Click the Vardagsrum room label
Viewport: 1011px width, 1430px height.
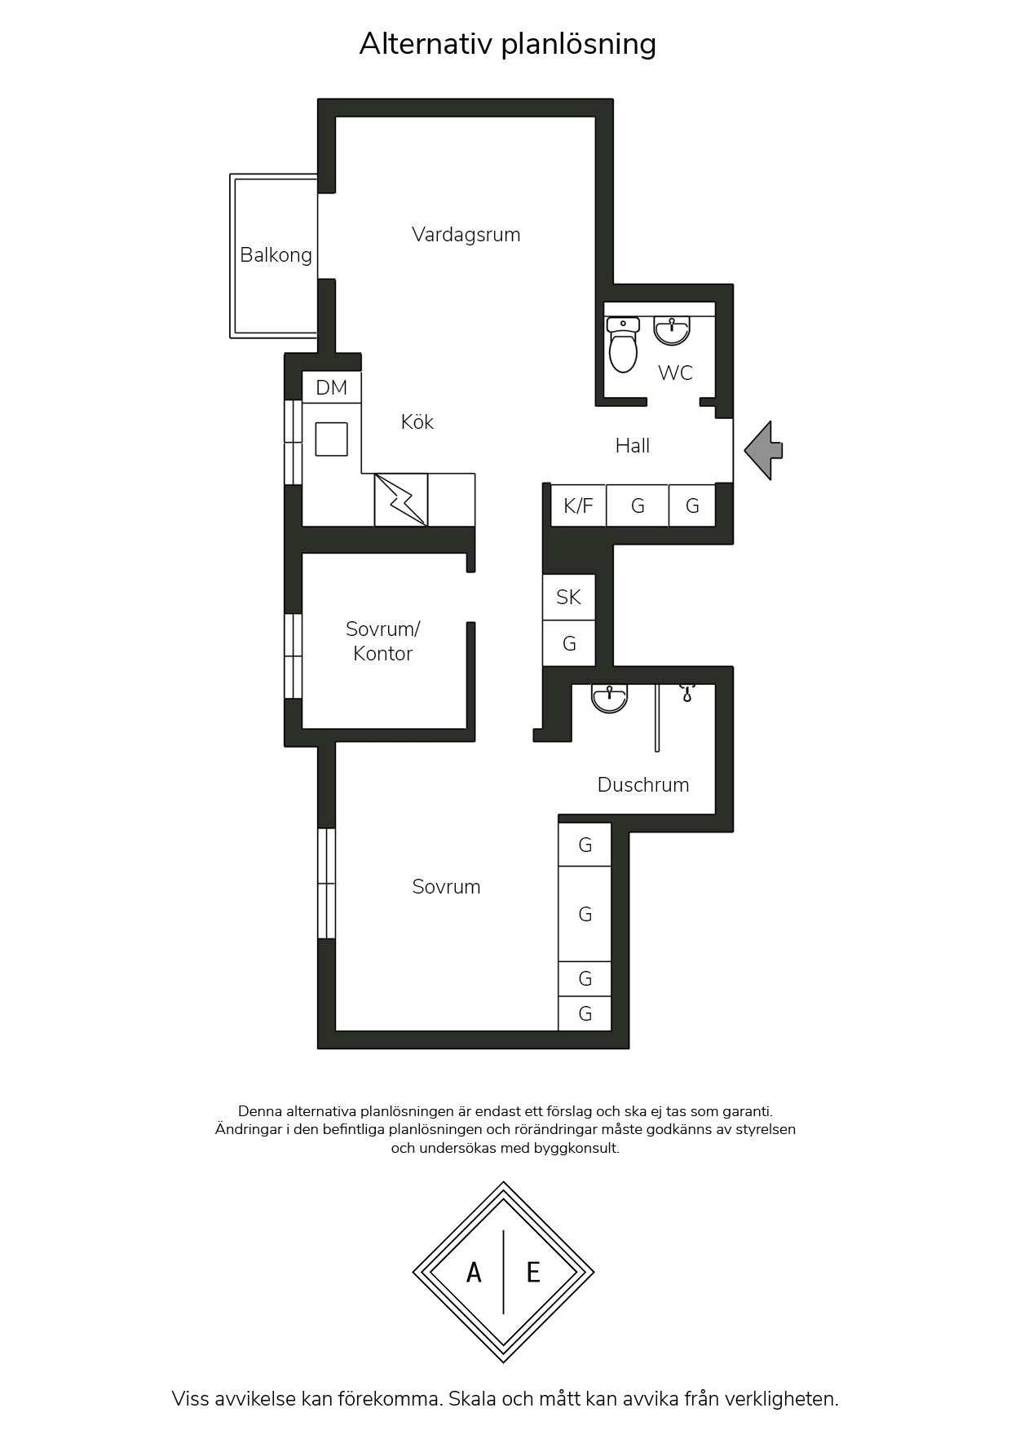pyautogui.click(x=466, y=235)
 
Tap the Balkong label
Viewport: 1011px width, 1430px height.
pyautogui.click(x=276, y=255)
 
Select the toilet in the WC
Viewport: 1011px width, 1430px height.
pyautogui.click(x=623, y=344)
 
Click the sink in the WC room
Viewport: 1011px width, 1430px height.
pyautogui.click(x=672, y=329)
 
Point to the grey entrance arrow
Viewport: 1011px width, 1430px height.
pyautogui.click(x=763, y=450)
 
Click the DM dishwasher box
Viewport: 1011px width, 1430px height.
pyautogui.click(x=332, y=387)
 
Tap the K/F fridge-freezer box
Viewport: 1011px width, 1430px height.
pyautogui.click(x=578, y=505)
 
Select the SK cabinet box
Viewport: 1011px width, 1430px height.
pyautogui.click(x=568, y=598)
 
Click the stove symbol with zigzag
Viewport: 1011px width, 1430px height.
pyautogui.click(x=400, y=500)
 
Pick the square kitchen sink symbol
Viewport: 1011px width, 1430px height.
pyautogui.click(x=332, y=439)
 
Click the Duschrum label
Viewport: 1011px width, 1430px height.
pyautogui.click(x=643, y=785)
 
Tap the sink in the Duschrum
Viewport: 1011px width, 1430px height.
pyautogui.click(x=610, y=698)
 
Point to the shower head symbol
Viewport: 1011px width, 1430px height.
pyautogui.click(x=687, y=694)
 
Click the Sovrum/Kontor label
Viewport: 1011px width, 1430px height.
pyautogui.click(x=382, y=641)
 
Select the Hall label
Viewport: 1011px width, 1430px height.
pyautogui.click(x=633, y=446)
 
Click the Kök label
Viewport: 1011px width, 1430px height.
pyautogui.click(x=417, y=421)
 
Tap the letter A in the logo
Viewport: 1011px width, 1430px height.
pyautogui.click(x=474, y=1272)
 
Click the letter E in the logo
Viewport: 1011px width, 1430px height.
pyautogui.click(x=533, y=1272)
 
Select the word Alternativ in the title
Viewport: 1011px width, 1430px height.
pyautogui.click(x=426, y=43)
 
